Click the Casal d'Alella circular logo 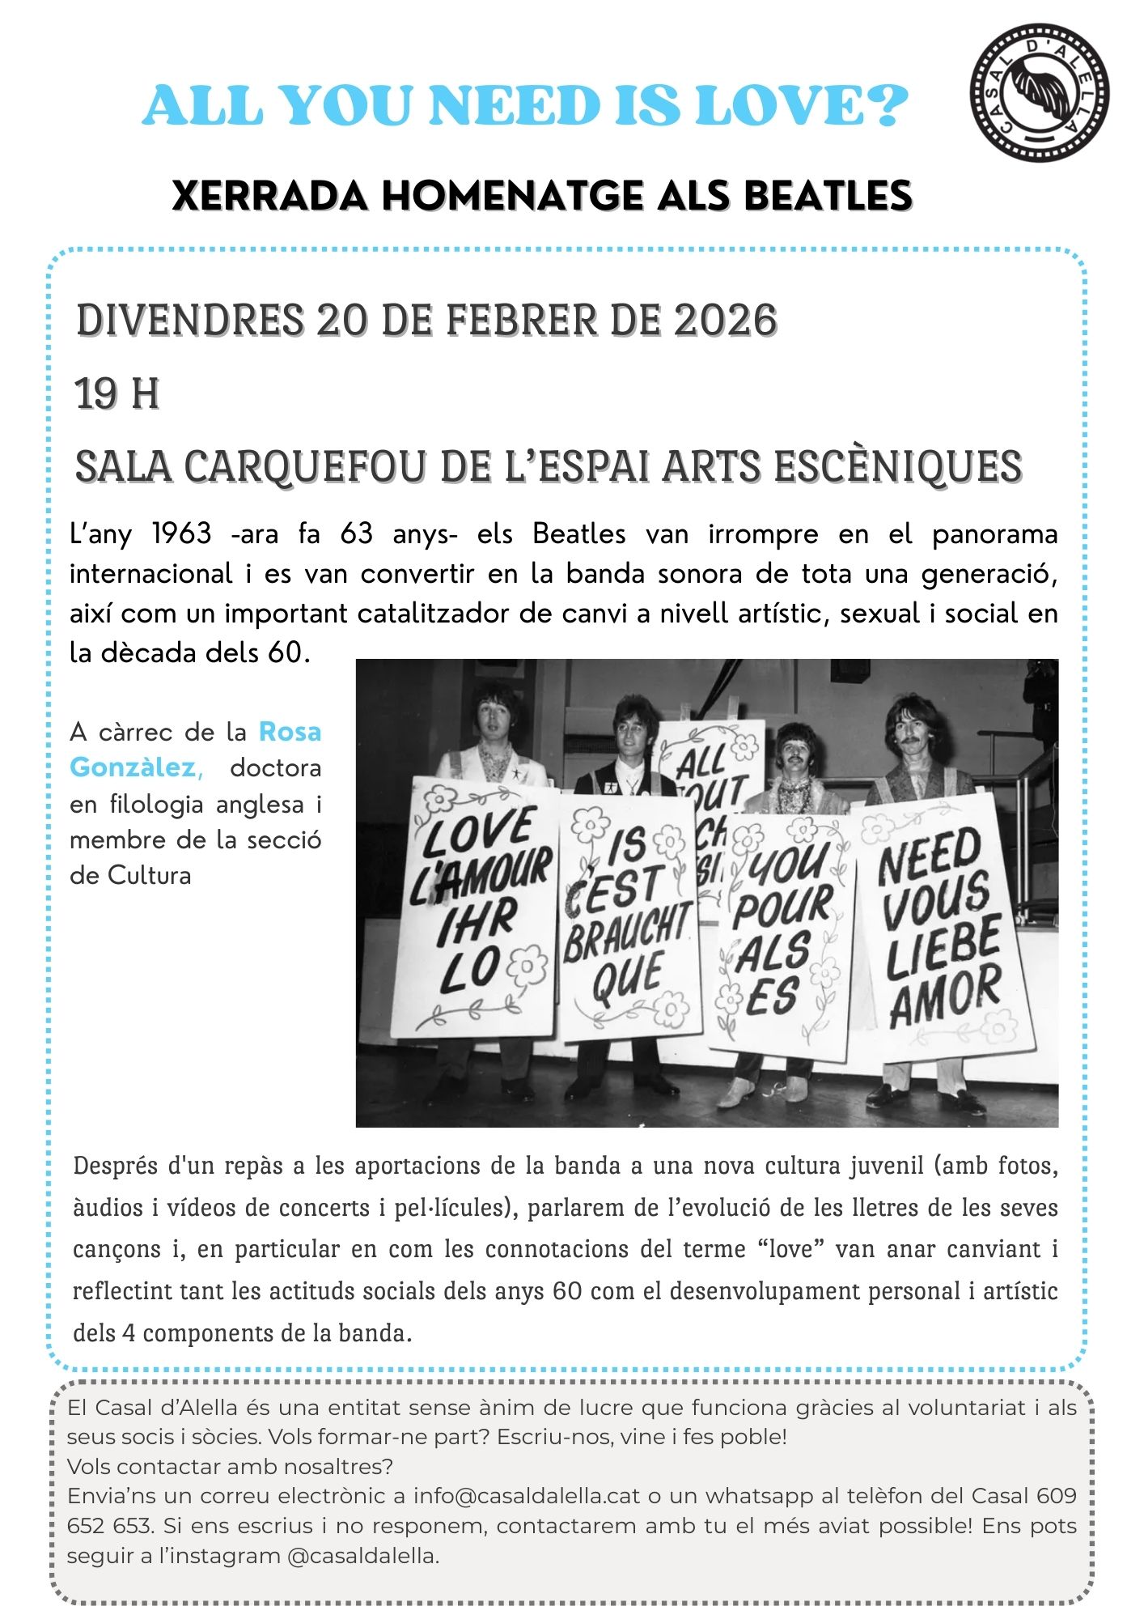point(1040,92)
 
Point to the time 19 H point(117,394)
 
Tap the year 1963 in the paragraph point(181,534)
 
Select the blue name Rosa point(290,732)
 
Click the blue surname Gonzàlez point(135,767)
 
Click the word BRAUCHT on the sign point(628,930)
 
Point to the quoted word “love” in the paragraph point(790,1249)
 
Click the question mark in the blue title point(889,106)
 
